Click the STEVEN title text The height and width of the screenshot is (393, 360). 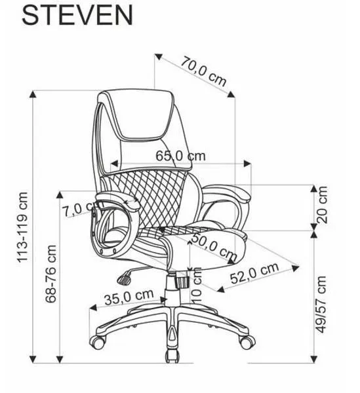click(x=77, y=15)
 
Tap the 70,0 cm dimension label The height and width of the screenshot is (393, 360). click(x=203, y=71)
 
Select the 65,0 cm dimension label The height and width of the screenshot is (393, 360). click(x=180, y=156)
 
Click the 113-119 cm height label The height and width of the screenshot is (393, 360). click(x=22, y=227)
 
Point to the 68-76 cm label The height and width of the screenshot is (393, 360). click(x=51, y=274)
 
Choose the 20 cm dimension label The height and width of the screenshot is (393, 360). click(x=322, y=205)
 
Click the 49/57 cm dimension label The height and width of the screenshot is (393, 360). click(x=321, y=305)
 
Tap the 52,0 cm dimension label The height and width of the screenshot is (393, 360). click(x=254, y=272)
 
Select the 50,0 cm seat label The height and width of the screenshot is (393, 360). click(x=214, y=247)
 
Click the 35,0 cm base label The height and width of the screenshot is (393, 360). click(x=129, y=297)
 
